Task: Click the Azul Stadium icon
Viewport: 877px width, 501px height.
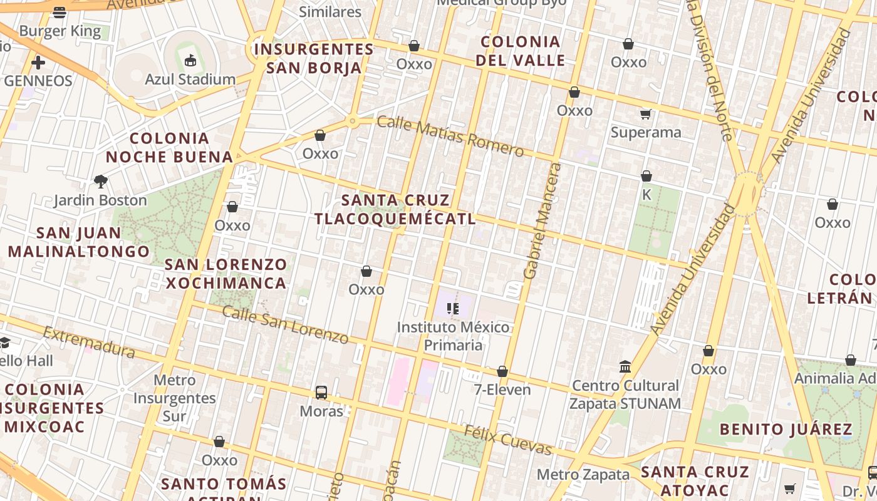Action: click(x=190, y=61)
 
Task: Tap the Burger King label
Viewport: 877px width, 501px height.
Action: click(x=60, y=31)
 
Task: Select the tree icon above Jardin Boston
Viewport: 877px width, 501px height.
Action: click(x=100, y=182)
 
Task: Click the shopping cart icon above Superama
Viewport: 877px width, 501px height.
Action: click(x=646, y=114)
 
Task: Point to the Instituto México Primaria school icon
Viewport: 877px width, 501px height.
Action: click(x=453, y=308)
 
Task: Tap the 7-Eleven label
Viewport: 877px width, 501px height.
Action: click(x=502, y=390)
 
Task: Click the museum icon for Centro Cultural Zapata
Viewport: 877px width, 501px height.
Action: click(x=625, y=366)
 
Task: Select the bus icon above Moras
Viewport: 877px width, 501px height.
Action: click(x=321, y=393)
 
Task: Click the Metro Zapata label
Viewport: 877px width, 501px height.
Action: click(x=583, y=474)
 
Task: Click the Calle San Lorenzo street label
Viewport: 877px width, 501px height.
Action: click(x=285, y=324)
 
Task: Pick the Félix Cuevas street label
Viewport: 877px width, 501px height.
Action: click(x=507, y=440)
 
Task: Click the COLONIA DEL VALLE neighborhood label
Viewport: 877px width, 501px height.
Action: click(x=520, y=51)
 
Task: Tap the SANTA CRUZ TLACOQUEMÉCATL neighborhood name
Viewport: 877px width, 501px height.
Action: click(x=395, y=209)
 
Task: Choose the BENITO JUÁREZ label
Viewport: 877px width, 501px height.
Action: click(x=786, y=429)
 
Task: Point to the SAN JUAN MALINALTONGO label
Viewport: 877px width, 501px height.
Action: click(x=79, y=242)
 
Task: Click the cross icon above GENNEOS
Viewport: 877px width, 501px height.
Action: click(x=38, y=63)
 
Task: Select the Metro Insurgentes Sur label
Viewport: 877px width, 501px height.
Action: click(x=174, y=398)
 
